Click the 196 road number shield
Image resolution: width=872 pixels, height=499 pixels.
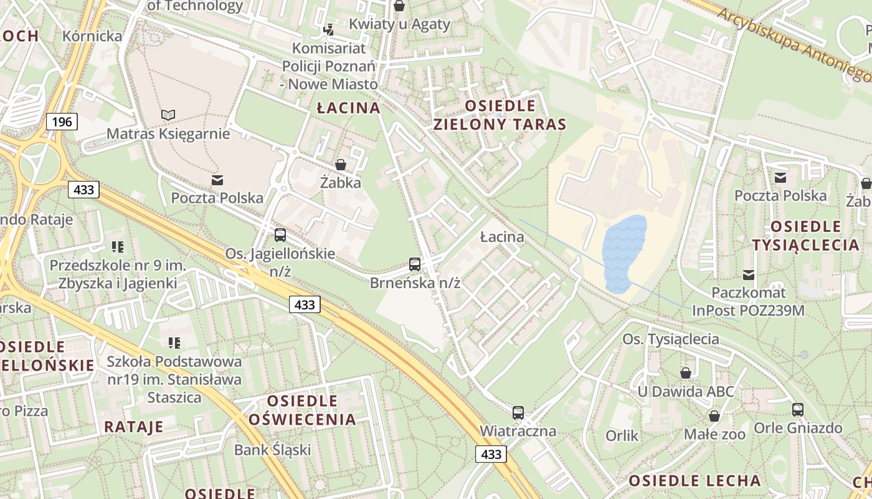click(62, 122)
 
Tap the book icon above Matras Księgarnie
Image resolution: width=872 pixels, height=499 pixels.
click(168, 115)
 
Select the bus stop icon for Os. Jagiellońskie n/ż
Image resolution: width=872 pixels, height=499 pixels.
click(280, 235)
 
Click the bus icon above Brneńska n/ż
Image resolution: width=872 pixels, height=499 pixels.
click(415, 264)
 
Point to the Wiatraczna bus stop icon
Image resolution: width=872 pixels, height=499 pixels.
click(518, 412)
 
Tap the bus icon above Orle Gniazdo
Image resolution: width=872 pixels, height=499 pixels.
click(798, 410)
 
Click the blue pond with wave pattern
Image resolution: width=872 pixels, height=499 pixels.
click(625, 253)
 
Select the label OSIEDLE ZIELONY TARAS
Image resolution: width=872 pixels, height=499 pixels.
click(500, 115)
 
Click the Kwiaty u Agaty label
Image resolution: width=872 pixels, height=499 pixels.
click(399, 24)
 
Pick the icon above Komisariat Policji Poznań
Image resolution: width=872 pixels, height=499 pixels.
click(328, 29)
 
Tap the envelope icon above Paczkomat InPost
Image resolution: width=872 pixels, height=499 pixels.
click(749, 274)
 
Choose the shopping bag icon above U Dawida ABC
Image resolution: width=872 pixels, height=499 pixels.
click(686, 373)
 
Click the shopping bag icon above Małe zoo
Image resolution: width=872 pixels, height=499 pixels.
click(714, 416)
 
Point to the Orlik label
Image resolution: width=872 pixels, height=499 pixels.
click(622, 435)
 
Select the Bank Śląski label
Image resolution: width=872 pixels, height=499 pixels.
click(272, 449)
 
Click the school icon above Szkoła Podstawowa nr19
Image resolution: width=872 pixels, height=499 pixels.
click(174, 342)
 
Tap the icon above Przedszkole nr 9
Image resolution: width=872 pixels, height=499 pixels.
click(118, 247)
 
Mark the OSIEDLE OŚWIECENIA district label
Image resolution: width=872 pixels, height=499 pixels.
click(302, 410)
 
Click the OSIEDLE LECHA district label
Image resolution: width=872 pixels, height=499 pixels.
click(694, 481)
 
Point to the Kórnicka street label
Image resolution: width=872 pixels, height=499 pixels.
click(92, 36)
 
